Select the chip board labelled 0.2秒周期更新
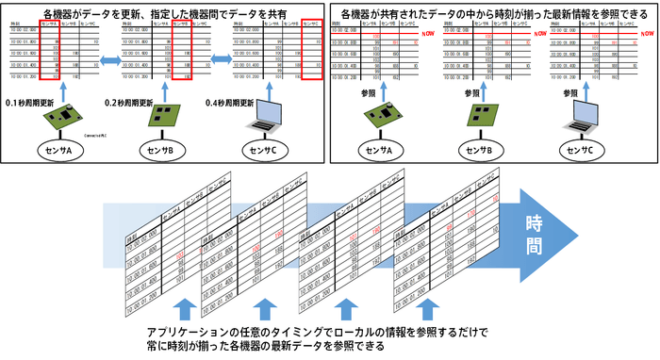click(x=167, y=118)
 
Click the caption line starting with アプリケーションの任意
click(x=309, y=333)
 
